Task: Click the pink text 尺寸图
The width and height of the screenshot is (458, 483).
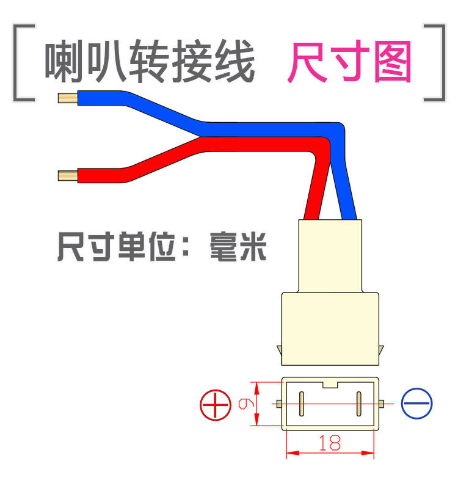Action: point(349,62)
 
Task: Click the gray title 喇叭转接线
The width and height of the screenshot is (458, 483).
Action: point(150,62)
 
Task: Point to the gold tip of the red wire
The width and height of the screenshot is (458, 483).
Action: point(67,176)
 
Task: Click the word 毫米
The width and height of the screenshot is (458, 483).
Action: point(238,247)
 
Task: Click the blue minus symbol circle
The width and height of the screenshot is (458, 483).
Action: point(417,404)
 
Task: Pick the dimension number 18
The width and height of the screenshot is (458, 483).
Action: point(330,443)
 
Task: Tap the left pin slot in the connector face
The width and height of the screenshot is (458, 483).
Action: point(301,404)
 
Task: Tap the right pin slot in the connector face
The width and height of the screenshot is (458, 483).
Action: point(358,404)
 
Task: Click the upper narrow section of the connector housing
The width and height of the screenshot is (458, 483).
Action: point(329,255)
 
